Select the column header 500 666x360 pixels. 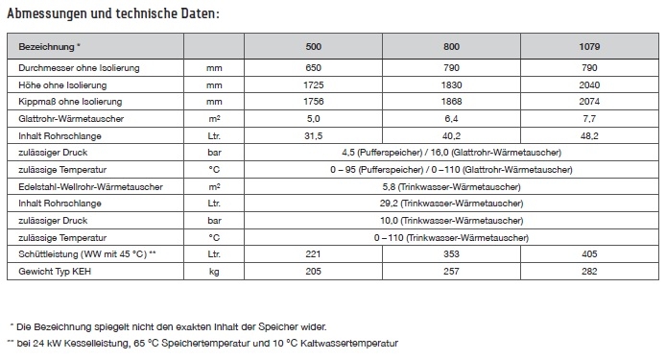click(x=313, y=46)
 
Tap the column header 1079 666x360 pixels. click(x=590, y=46)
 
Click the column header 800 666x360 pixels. click(x=451, y=46)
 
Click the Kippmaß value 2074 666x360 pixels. click(x=590, y=101)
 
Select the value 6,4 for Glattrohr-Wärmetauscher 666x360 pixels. click(x=451, y=118)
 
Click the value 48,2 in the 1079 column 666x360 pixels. click(x=590, y=135)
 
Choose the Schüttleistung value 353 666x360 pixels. click(x=451, y=255)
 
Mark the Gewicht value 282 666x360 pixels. click(x=590, y=273)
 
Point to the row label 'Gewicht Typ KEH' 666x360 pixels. click(x=56, y=273)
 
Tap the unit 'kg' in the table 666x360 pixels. click(x=214, y=273)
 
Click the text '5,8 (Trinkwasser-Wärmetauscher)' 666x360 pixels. click(x=451, y=186)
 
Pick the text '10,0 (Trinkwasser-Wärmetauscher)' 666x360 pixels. click(x=451, y=221)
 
